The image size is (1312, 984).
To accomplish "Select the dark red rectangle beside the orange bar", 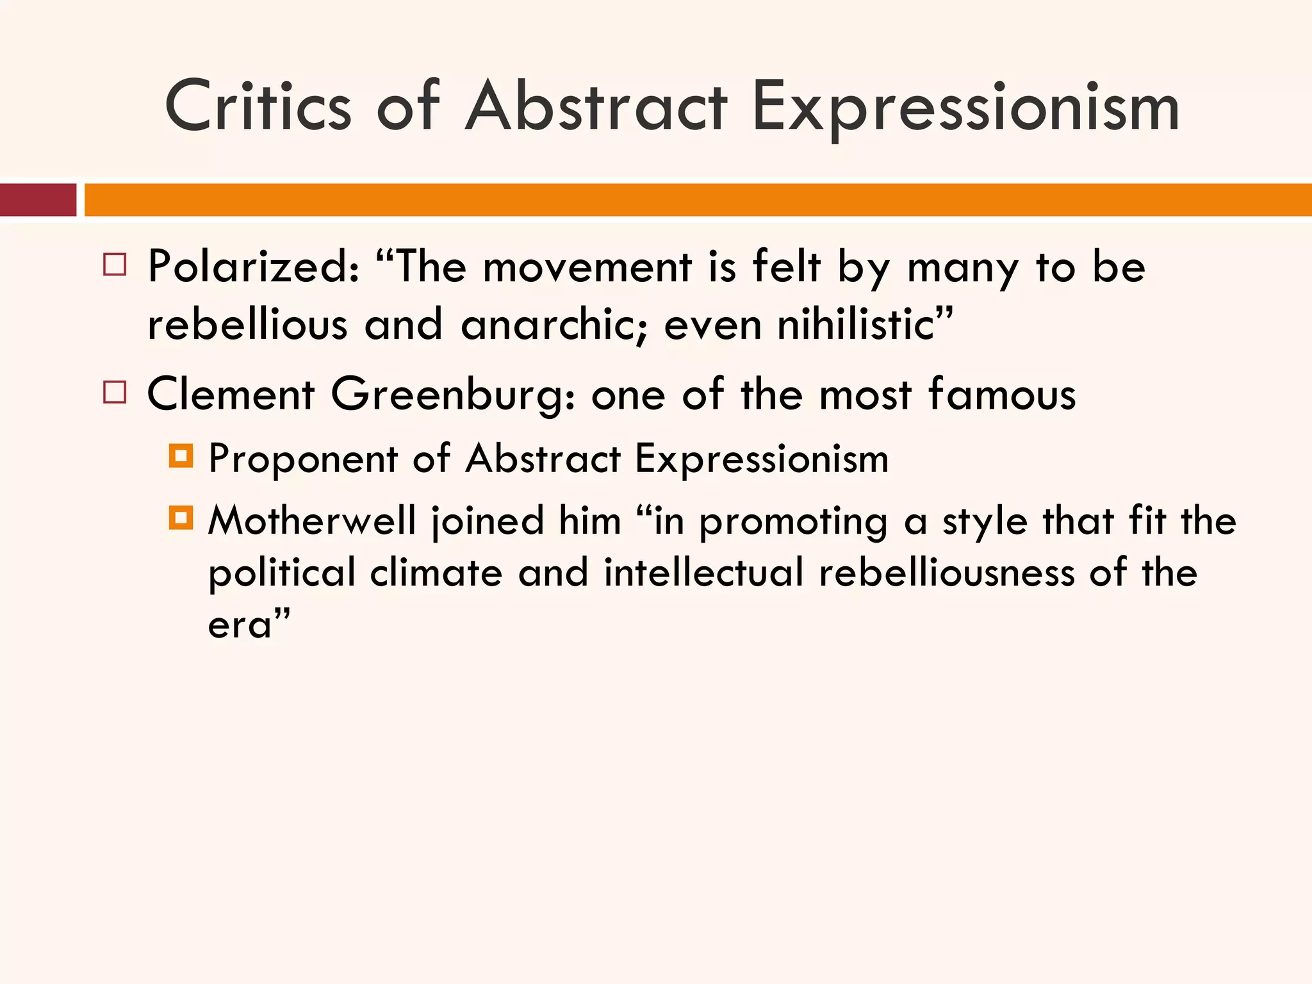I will point(38,200).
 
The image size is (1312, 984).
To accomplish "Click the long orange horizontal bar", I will point(698,200).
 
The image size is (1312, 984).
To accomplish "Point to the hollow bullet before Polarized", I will point(115,264).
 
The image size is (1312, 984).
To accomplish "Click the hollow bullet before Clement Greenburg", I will point(115,391).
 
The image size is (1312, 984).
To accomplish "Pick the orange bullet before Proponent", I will point(181,456).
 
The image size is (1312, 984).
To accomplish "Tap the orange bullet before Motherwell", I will point(181,518).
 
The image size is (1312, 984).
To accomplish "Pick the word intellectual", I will point(703,572).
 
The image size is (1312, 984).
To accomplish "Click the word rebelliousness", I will point(947,572).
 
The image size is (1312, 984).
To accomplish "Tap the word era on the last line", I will point(241,624).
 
